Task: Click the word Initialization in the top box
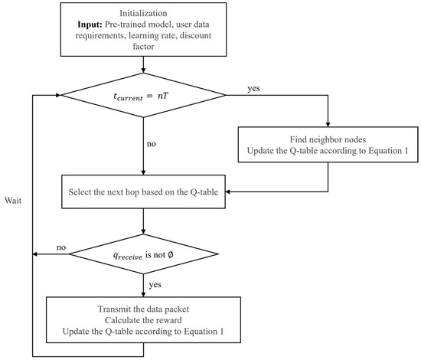[x=143, y=13]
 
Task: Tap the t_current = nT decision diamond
[x=143, y=96]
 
